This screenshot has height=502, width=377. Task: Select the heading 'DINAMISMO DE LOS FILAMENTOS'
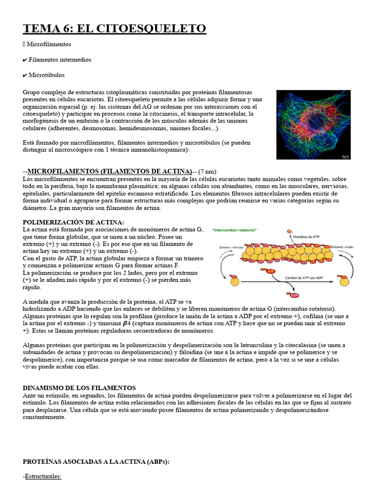(79, 388)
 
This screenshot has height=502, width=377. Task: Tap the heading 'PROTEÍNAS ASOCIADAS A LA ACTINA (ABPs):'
(96, 462)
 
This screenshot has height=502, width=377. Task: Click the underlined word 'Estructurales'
(43, 476)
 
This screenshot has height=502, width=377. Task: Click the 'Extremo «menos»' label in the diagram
(232, 247)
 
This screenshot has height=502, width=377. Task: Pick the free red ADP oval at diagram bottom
(295, 296)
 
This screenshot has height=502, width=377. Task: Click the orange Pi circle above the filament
(289, 231)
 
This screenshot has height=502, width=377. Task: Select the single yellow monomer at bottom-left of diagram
(235, 281)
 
